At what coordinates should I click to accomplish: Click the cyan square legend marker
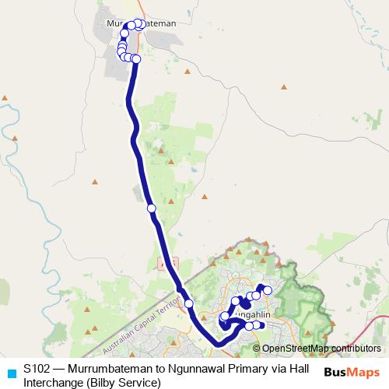pyautogui.click(x=10, y=372)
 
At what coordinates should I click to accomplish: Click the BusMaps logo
pyautogui.click(x=352, y=372)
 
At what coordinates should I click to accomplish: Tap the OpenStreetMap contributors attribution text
pyautogui.click(x=321, y=348)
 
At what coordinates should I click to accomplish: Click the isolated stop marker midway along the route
pyautogui.click(x=151, y=208)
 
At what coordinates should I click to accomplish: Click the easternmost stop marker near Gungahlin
pyautogui.click(x=268, y=290)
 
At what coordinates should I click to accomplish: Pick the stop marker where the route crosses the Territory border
pyautogui.click(x=188, y=303)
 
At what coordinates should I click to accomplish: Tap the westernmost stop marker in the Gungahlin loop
pyautogui.click(x=224, y=317)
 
